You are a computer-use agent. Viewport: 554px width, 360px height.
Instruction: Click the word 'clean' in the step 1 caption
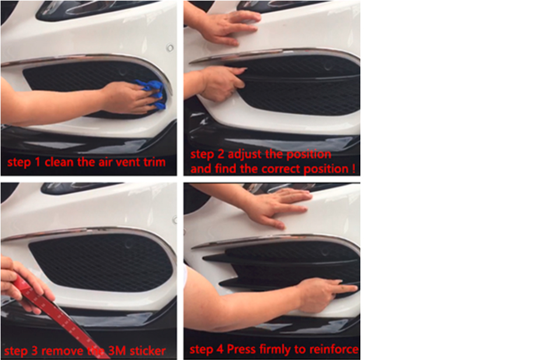pos(59,162)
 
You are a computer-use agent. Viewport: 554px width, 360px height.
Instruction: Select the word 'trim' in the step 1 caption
pos(155,162)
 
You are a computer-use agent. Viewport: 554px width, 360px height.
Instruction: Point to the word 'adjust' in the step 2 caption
pos(244,155)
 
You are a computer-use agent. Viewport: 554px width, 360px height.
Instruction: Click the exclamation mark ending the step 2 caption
pos(353,168)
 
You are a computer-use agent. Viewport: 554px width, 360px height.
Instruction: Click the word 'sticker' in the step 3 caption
pos(148,351)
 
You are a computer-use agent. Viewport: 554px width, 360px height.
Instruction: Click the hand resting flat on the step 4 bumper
pos(279,207)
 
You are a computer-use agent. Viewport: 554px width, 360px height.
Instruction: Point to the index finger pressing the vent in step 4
pos(345,288)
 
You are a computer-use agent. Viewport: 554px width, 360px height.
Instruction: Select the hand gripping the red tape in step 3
pos(22,283)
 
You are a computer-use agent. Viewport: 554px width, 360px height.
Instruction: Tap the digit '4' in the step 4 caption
pos(220,349)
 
